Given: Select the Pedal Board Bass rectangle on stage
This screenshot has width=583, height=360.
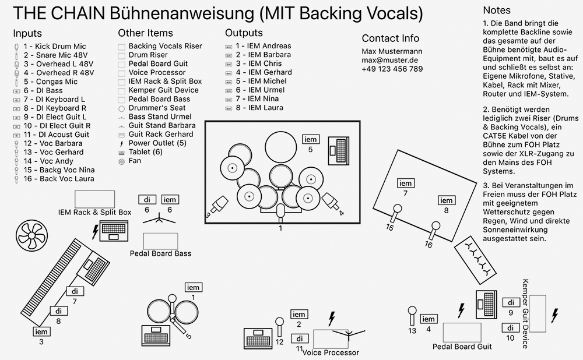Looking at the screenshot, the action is (160, 241).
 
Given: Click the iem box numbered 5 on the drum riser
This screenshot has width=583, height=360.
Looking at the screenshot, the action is (311, 139).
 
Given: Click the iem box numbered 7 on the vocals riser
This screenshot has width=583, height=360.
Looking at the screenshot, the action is (405, 183).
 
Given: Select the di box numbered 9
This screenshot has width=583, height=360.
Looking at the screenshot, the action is (511, 303).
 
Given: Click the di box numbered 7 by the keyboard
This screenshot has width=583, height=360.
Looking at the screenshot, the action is (75, 291).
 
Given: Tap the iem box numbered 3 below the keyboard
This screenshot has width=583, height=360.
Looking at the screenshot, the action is (41, 331).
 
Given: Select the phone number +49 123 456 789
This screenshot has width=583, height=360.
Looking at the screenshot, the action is (392, 69).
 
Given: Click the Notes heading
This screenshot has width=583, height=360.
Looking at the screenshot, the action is (497, 10).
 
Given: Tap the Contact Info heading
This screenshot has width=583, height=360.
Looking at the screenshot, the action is (390, 38).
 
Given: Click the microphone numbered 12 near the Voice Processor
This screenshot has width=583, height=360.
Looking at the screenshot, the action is (279, 324).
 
